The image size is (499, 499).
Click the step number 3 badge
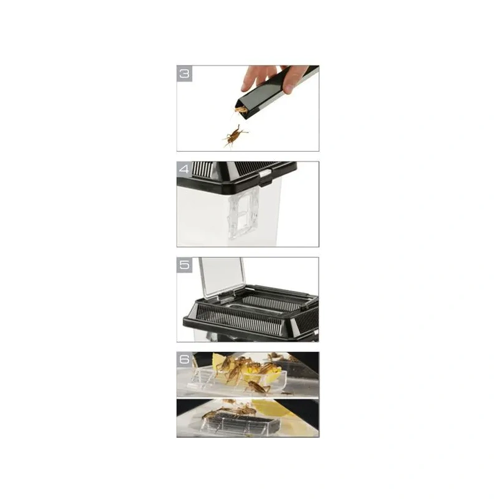(x=185, y=74)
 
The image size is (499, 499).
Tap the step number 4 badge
(x=185, y=169)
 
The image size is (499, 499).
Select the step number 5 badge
(x=185, y=264)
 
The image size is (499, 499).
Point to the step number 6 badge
(x=185, y=360)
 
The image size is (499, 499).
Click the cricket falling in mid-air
(x=235, y=136)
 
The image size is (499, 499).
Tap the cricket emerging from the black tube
(x=240, y=111)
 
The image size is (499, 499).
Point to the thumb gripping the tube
(x=289, y=86)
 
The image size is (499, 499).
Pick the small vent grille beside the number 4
(x=203, y=168)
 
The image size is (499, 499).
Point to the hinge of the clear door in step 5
(x=226, y=298)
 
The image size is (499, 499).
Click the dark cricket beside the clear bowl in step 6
(x=258, y=387)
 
